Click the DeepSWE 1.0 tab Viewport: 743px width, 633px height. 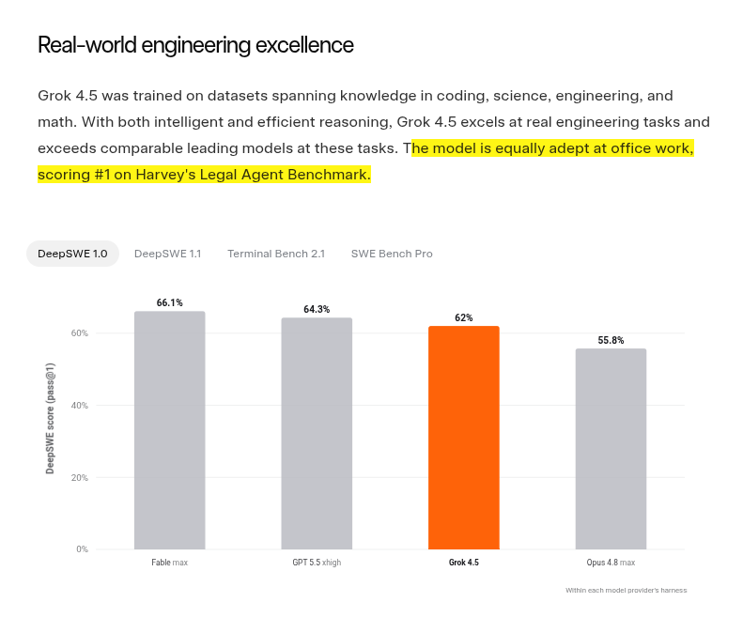(72, 254)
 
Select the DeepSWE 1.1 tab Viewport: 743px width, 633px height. (168, 254)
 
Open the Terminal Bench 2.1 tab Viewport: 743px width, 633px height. (276, 254)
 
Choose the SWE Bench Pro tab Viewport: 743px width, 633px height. (392, 254)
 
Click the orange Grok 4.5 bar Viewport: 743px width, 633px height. (464, 438)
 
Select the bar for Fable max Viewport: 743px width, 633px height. (170, 430)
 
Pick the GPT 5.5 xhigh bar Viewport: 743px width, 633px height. (317, 434)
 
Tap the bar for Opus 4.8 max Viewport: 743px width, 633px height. (611, 449)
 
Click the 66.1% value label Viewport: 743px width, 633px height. (170, 302)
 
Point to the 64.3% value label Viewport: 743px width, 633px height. (317, 309)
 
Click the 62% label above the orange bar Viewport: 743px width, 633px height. (464, 318)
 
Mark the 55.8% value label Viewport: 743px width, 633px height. (611, 340)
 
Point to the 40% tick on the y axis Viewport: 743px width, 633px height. (80, 406)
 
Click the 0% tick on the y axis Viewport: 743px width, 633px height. (82, 549)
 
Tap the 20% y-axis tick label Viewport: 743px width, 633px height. (80, 478)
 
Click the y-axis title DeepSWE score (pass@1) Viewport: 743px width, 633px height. (50, 418)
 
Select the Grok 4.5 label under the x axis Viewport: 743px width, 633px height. (464, 563)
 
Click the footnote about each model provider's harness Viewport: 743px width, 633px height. (626, 591)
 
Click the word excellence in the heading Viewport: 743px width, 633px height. (304, 45)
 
